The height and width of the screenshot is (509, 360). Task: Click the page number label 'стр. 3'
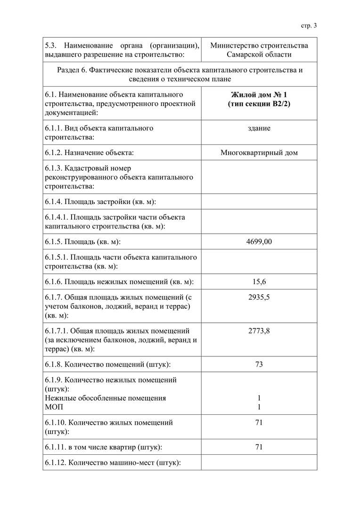click(309, 25)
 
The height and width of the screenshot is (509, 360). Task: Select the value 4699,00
click(259, 242)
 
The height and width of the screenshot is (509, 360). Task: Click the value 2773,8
click(259, 331)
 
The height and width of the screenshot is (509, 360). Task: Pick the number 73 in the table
click(259, 364)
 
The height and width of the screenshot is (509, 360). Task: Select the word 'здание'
click(259, 128)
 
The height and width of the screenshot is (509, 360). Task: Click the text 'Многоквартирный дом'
click(259, 153)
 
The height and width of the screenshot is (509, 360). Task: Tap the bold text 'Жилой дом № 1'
click(259, 94)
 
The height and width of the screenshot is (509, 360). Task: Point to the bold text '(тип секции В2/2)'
click(259, 104)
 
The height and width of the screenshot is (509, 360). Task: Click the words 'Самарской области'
click(259, 55)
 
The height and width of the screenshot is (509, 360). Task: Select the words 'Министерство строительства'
click(259, 45)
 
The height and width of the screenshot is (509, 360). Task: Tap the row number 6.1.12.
click(56, 463)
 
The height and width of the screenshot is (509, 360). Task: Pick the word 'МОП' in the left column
click(53, 407)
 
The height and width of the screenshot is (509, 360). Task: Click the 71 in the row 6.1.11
click(259, 447)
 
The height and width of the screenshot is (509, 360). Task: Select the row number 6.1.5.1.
click(57, 257)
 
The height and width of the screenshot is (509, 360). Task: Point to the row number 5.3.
click(50, 45)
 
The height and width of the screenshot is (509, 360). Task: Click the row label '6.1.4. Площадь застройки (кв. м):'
click(100, 202)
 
